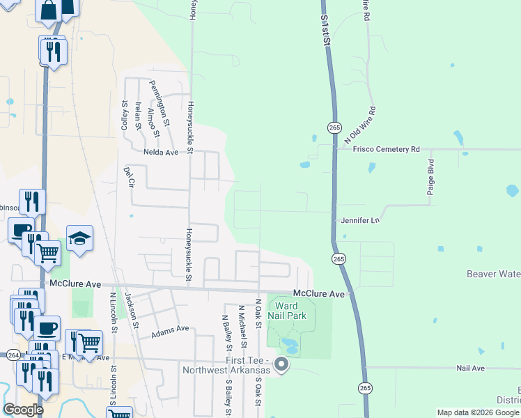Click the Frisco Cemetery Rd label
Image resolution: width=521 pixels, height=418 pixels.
point(386,149)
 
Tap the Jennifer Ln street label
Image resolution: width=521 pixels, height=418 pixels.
point(360,220)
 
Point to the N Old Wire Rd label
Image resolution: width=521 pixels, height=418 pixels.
point(360,126)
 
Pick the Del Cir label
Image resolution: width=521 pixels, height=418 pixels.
point(128,178)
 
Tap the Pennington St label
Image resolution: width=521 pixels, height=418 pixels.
point(160,99)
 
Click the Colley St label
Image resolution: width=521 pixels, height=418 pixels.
point(125,115)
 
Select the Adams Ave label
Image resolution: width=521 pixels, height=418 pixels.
point(171,328)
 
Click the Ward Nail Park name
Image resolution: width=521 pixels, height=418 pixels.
point(287,311)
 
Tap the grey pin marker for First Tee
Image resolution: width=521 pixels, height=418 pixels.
point(281,364)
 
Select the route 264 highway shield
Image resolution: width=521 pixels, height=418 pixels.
point(13,355)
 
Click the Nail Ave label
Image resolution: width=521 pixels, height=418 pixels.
point(470,367)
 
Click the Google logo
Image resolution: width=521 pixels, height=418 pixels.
point(23,410)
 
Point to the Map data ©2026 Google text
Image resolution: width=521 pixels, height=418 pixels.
point(477,412)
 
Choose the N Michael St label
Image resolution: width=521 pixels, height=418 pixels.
point(242,325)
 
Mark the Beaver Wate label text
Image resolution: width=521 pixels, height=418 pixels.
point(485,274)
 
